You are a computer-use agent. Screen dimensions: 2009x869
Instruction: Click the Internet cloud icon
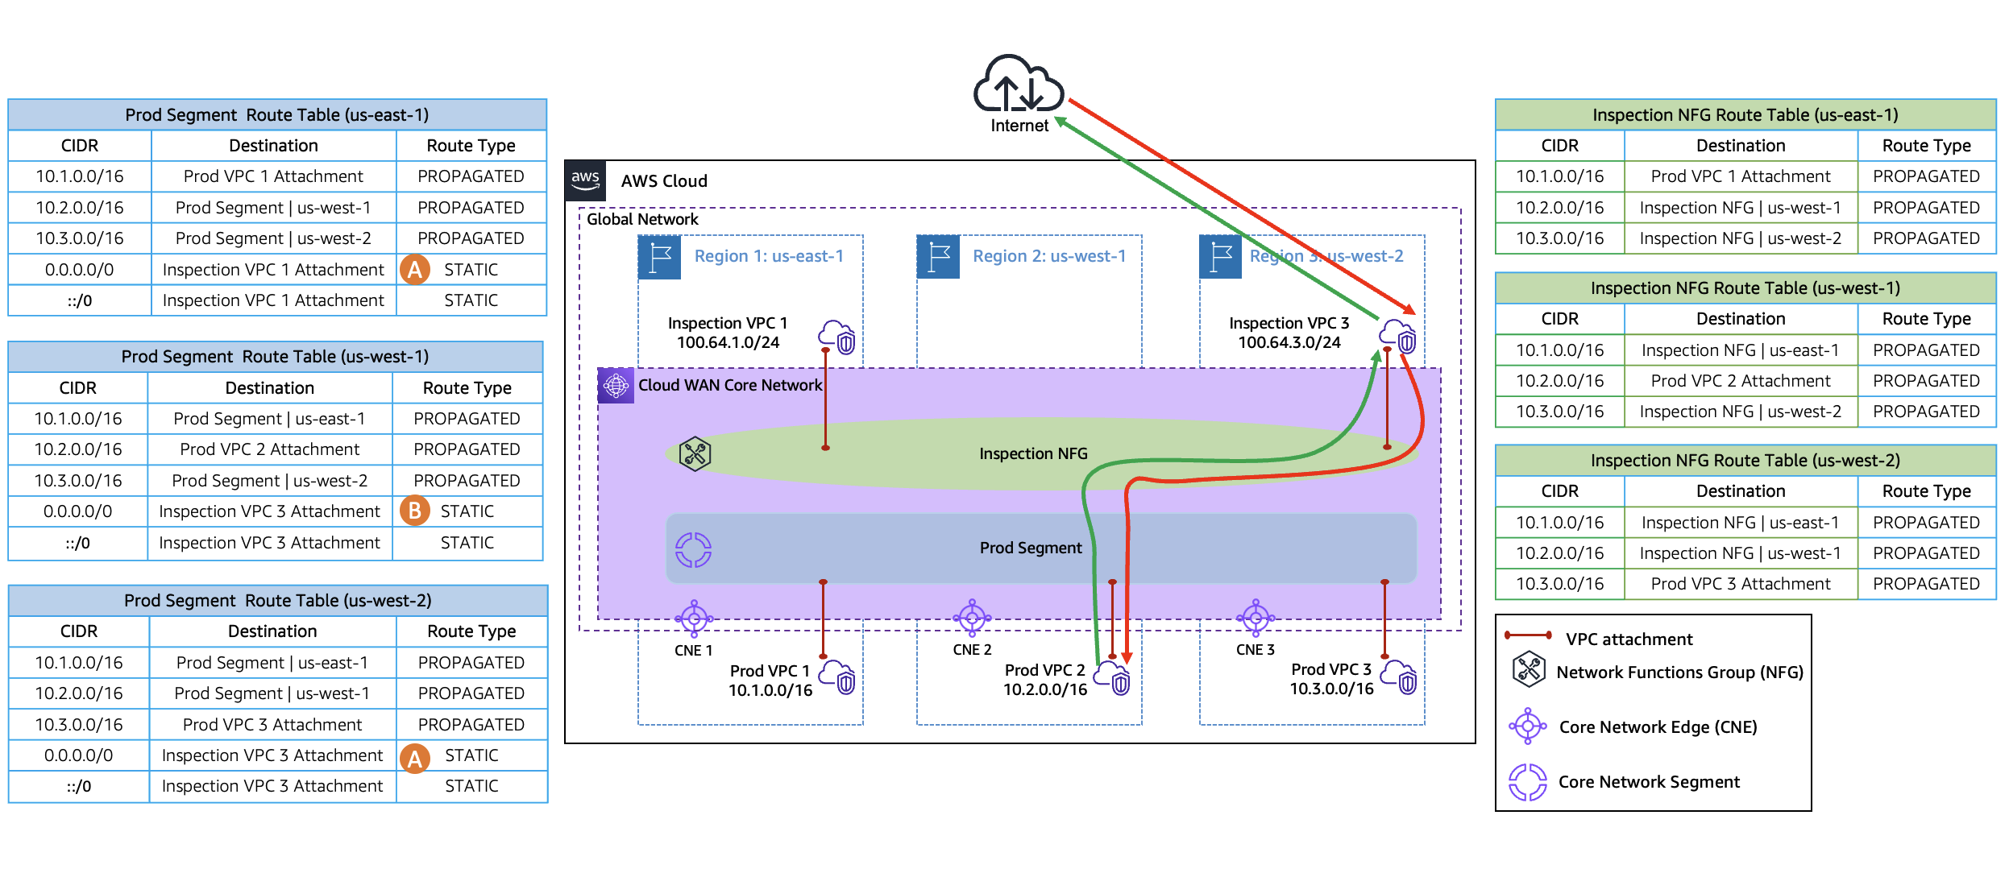1019,84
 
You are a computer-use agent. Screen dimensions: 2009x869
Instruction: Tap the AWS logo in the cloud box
585,180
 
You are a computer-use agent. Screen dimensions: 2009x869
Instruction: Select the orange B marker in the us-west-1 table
415,511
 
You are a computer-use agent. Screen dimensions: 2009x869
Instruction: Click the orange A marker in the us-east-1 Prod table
415,269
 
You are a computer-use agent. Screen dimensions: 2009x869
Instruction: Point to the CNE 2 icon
972,619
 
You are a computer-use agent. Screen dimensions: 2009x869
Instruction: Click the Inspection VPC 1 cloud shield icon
837,337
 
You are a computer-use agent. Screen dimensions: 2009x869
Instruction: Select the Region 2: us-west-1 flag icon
938,257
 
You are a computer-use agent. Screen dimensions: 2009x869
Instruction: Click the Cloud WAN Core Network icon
616,385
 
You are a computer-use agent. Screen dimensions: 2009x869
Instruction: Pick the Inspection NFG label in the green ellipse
1033,453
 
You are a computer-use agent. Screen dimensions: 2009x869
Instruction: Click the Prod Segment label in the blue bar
1031,548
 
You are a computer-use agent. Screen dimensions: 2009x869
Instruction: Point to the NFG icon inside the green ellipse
695,453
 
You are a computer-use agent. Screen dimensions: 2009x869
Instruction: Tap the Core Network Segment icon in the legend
1528,782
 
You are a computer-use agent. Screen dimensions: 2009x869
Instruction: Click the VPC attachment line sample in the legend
1528,635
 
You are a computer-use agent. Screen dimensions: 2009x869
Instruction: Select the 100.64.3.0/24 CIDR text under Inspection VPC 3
1289,342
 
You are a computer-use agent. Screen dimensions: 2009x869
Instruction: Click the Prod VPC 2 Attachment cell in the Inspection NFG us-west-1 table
1741,380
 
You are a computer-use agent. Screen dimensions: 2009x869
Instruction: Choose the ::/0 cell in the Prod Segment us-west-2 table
79,786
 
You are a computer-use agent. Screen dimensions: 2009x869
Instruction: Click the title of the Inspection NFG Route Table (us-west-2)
1745,460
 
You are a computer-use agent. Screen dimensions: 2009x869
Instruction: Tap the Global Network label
642,219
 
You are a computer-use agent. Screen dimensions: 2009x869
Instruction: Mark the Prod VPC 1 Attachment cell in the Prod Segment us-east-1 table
273,176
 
